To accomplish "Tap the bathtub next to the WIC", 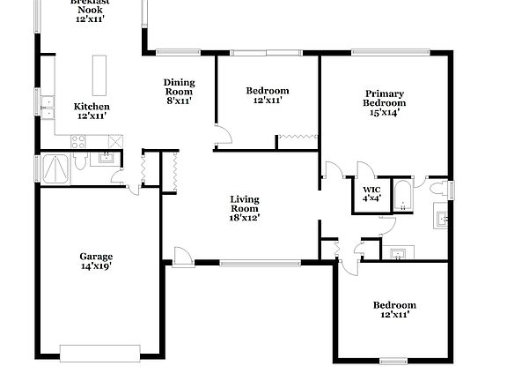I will pos(402,196).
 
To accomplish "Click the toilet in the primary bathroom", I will pos(437,188).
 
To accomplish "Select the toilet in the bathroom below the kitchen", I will pos(80,161).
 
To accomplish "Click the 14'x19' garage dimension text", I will pos(97,266).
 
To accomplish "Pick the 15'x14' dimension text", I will pos(385,112).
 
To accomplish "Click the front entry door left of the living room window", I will pos(183,258).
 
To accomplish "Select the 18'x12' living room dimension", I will pos(244,217).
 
